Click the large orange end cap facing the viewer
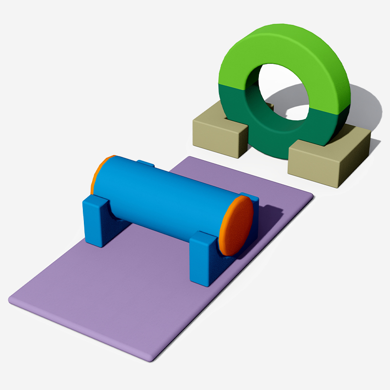tap(237, 225)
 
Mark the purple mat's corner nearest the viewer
tap(149, 359)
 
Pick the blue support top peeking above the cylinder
tap(145, 163)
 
